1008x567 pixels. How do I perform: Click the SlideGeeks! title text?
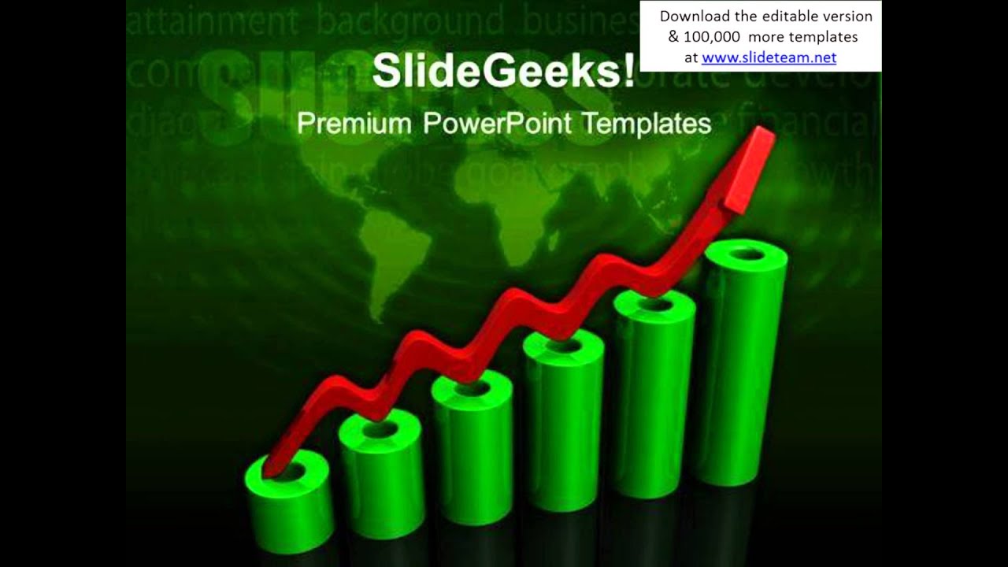pyautogui.click(x=503, y=72)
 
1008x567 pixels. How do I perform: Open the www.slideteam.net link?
pyautogui.click(x=769, y=57)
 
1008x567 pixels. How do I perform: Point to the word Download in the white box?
pyautogui.click(x=691, y=17)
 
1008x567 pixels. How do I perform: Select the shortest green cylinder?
pyautogui.click(x=289, y=504)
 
